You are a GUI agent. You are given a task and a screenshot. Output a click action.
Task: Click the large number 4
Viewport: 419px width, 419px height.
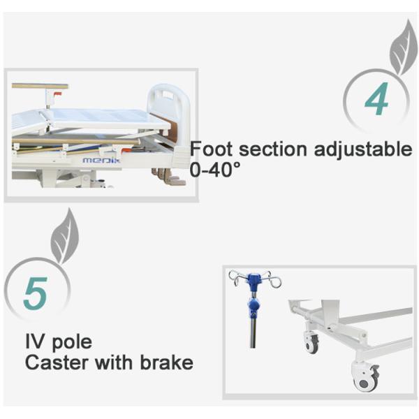(376, 101)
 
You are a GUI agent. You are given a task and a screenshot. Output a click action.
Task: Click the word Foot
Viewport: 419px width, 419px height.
(211, 149)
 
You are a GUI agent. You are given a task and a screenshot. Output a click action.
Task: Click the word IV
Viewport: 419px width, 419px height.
(36, 343)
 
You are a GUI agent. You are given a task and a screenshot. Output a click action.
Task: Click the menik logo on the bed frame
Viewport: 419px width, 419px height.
(101, 160)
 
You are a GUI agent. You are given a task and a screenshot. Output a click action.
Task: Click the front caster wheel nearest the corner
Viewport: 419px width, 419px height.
(365, 377)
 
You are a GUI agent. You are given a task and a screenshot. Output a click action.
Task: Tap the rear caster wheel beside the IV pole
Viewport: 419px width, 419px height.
(311, 343)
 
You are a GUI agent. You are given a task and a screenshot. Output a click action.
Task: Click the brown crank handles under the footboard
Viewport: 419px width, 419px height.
(170, 177)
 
